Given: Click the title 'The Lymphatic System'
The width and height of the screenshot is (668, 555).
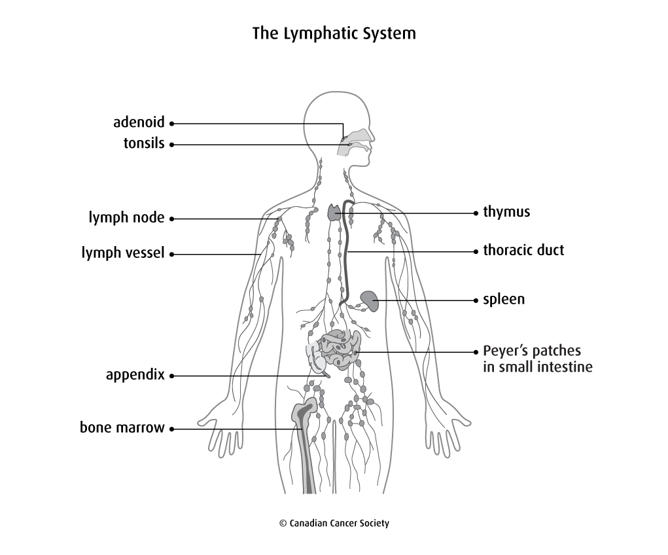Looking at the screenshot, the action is point(334,33).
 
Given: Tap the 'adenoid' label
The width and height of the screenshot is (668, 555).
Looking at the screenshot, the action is point(139,122).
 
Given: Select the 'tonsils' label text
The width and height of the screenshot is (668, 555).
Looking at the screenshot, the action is point(144,143).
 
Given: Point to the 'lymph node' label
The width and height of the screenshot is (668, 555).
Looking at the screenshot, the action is point(126,217).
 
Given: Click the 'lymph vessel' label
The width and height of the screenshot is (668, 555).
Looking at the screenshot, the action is point(123,253).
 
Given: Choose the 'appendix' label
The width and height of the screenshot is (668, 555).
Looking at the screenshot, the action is point(135,374).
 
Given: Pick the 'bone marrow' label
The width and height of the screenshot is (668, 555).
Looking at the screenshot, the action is point(122,427).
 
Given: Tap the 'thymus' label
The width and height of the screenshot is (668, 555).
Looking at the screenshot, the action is point(506,212).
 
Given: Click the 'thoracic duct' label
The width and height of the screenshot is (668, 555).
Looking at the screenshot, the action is point(523,250).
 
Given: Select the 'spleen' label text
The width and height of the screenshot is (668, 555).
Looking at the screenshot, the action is point(504,300).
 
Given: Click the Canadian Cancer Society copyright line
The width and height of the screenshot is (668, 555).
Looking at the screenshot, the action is point(334,523).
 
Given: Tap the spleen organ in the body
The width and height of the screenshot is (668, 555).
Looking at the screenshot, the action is point(370,301).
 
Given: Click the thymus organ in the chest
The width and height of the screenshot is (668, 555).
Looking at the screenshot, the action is point(334,212).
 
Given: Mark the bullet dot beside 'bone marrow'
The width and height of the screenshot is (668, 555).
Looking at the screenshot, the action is point(171,429).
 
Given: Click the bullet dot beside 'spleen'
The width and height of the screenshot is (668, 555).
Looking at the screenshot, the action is point(476,300).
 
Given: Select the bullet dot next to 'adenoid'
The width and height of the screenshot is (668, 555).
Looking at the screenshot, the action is point(171,124).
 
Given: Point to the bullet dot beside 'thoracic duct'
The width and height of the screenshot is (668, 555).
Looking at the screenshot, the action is point(476,252).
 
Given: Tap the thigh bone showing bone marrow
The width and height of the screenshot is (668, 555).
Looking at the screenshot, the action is point(306,443).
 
